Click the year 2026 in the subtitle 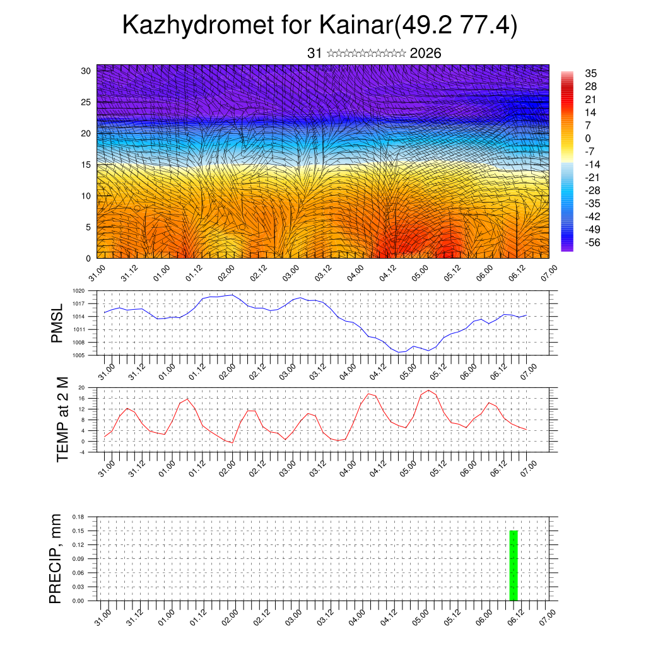point(425,53)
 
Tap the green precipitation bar point(513,565)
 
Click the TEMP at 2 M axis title point(62,419)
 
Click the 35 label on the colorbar point(591,73)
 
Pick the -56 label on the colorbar point(593,242)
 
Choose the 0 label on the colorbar point(588,138)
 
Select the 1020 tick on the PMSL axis point(78,291)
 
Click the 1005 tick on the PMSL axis point(78,355)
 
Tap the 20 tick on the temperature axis point(81,387)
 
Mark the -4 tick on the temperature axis point(81,452)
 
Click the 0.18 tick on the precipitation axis point(78,516)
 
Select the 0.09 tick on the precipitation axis point(78,559)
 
